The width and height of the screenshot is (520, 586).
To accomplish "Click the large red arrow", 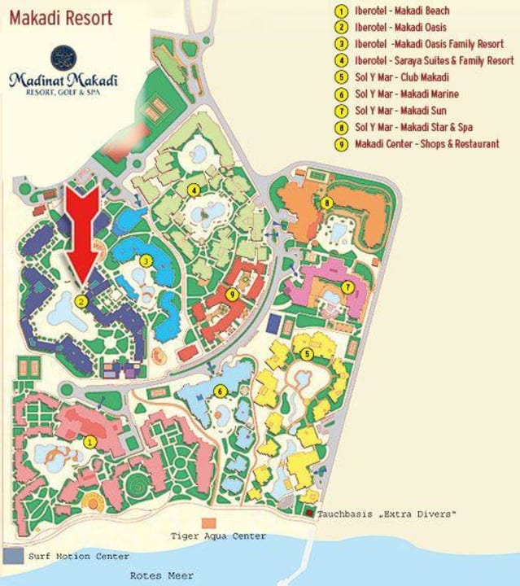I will click(x=82, y=232).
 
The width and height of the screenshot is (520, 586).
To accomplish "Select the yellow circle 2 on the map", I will click(x=81, y=300).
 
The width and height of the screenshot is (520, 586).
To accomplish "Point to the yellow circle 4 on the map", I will click(x=194, y=190).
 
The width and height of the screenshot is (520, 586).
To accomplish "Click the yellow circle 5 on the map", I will click(x=307, y=354).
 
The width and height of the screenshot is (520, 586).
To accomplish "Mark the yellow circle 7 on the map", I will click(x=347, y=286).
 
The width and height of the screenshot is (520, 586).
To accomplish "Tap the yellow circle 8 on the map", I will click(x=326, y=202).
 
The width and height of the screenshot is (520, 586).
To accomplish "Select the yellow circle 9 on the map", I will click(x=232, y=294).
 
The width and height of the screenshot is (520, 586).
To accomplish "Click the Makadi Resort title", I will click(x=61, y=17).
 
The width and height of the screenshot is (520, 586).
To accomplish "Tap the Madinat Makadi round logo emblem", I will click(x=62, y=57).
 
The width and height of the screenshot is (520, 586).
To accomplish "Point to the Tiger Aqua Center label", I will click(x=218, y=536).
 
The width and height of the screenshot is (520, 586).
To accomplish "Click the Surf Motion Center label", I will click(x=77, y=557).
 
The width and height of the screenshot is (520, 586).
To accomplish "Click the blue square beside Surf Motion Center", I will click(x=12, y=556).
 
